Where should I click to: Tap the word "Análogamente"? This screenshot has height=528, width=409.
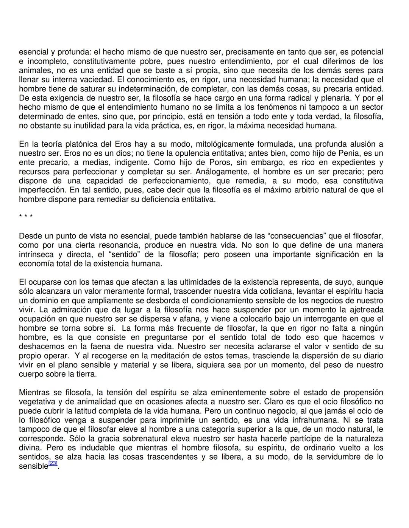(221, 172)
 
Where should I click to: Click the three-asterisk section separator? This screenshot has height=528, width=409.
(26, 217)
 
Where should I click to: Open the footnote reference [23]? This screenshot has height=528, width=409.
(53, 463)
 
